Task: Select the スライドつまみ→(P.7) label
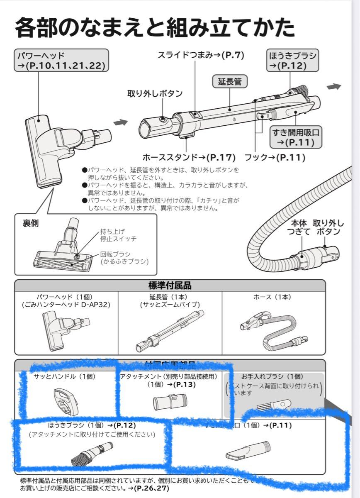click(x=201, y=54)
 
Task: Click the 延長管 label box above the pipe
click(x=229, y=81)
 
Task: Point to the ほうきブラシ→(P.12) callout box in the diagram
click(x=292, y=61)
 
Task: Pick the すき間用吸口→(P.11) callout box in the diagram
click(x=297, y=138)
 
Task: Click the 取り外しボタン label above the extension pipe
click(x=155, y=93)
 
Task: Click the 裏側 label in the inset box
click(x=30, y=223)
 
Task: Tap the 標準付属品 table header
click(x=170, y=285)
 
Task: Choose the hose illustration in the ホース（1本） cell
click(x=272, y=330)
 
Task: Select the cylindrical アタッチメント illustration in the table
click(x=170, y=401)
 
